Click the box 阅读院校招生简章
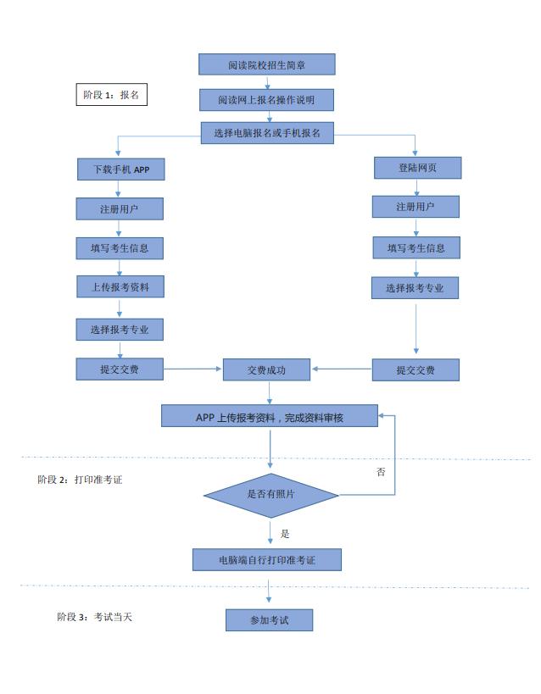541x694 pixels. [x=266, y=64]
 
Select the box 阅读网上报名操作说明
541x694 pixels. [x=266, y=100]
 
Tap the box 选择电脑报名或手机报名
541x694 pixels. [x=267, y=133]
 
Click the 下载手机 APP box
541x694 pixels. [x=120, y=169]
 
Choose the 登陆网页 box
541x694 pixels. [x=417, y=168]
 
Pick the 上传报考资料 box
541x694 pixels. [x=120, y=287]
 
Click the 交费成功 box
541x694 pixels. [x=266, y=370]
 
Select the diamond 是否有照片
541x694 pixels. [x=270, y=494]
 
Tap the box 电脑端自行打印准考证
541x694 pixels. [x=266, y=559]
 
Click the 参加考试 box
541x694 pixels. [x=269, y=620]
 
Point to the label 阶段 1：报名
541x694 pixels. [x=111, y=95]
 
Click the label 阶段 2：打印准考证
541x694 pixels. [x=80, y=480]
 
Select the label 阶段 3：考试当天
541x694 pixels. [x=94, y=617]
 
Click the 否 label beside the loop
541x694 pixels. [x=381, y=472]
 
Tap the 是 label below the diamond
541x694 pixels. [x=285, y=534]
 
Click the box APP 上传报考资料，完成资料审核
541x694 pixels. [x=270, y=416]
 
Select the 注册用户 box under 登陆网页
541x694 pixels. [x=416, y=207]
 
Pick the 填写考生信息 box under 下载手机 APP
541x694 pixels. [x=120, y=248]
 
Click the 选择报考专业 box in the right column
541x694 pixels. [x=416, y=288]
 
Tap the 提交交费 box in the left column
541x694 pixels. [x=120, y=369]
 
